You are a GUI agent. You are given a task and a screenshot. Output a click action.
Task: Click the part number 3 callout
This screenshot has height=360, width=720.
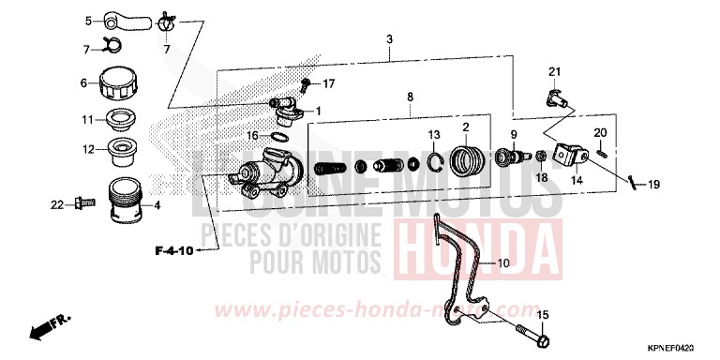[x=389, y=38]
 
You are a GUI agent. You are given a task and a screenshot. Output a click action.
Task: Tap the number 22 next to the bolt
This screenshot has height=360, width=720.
[x=56, y=203]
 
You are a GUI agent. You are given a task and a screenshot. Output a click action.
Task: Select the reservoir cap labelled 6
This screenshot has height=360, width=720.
[x=117, y=83]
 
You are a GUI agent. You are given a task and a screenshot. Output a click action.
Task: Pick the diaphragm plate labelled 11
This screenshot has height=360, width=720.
[x=120, y=120]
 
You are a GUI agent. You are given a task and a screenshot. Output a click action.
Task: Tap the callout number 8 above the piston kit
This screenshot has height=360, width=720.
[x=409, y=97]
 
